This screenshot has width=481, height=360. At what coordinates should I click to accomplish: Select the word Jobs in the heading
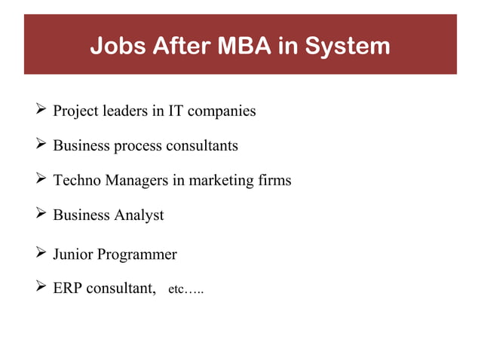pyautogui.click(x=116, y=46)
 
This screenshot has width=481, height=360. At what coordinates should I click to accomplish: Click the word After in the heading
pyautogui.click(x=180, y=46)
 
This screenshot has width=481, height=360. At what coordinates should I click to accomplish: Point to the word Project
pyautogui.click(x=75, y=111)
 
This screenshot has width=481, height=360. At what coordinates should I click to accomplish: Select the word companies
pyautogui.click(x=222, y=111)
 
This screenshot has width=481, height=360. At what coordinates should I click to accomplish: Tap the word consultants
pyautogui.click(x=200, y=146)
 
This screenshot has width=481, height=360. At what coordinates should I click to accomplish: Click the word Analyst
pyautogui.click(x=139, y=215)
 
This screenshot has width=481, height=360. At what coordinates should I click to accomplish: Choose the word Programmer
pyautogui.click(x=139, y=255)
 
